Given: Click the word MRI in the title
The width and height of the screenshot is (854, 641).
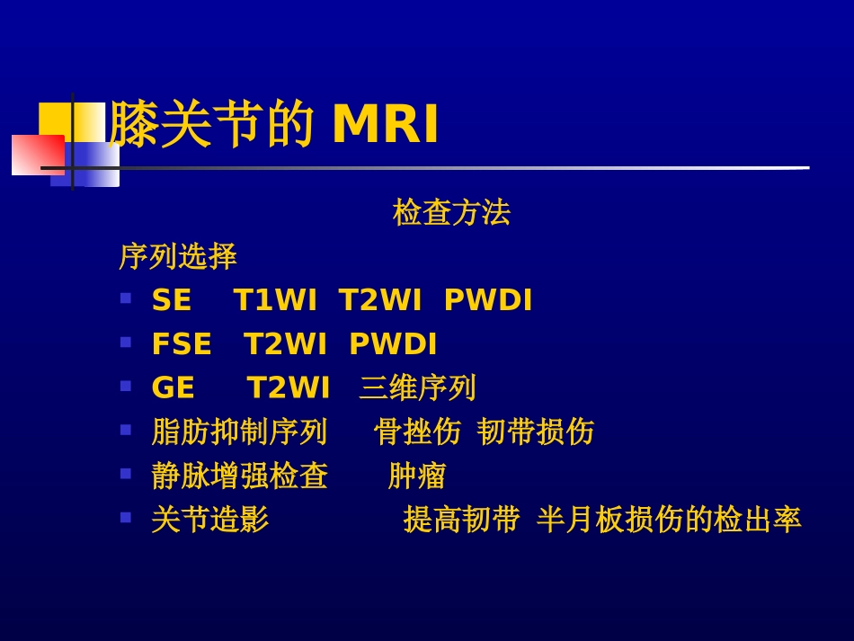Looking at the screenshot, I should pos(385,125).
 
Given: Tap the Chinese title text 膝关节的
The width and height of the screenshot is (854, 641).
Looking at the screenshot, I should pos(211,125).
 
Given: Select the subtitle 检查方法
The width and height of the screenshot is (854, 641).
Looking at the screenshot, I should pos(451,213).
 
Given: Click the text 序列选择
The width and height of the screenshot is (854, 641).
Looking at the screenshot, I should pos(178,257).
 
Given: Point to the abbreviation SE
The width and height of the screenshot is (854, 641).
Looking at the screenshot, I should pos(172,301).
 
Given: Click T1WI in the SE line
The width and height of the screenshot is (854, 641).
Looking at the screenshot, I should pos(275,301).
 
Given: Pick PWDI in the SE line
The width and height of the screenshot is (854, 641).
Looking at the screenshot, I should pos(488,301).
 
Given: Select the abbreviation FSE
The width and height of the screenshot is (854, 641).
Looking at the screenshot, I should pos(182,344).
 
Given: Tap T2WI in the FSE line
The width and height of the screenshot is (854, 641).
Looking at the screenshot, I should pos(286,344).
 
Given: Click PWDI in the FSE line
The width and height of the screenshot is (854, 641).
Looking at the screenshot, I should pos(393,344).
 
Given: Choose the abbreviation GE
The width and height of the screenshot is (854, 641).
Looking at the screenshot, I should pos(173,388).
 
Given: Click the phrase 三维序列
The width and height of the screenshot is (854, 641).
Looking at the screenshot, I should pos(417,388).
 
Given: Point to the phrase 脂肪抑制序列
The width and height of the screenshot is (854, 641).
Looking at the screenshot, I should pos(239,432).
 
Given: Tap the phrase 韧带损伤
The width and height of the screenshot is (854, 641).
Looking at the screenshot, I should pos(536,432).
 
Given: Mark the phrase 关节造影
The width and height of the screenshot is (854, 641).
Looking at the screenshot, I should pos(210,520).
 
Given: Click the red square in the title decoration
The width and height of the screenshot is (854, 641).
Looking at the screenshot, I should pos(37,155).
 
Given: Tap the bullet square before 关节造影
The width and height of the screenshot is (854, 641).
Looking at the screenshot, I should pos(126,517).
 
